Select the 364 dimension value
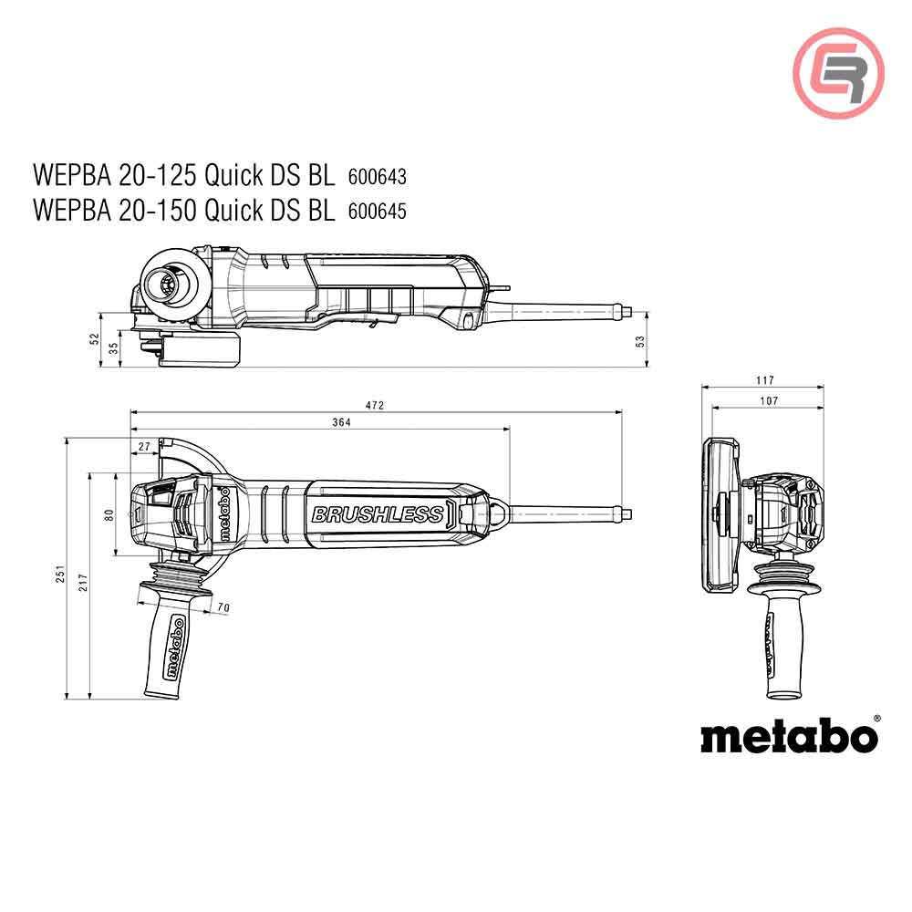click(341, 421)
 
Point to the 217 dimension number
click(82, 585)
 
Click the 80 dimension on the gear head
click(109, 515)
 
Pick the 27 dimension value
click(144, 446)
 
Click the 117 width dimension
click(763, 380)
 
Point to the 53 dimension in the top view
click(640, 340)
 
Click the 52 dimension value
click(93, 339)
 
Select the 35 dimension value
click(113, 347)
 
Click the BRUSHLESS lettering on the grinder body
click(377, 515)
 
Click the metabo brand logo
click(789, 735)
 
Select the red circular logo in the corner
click(838, 72)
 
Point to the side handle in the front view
click(773, 638)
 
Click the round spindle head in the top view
click(169, 284)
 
